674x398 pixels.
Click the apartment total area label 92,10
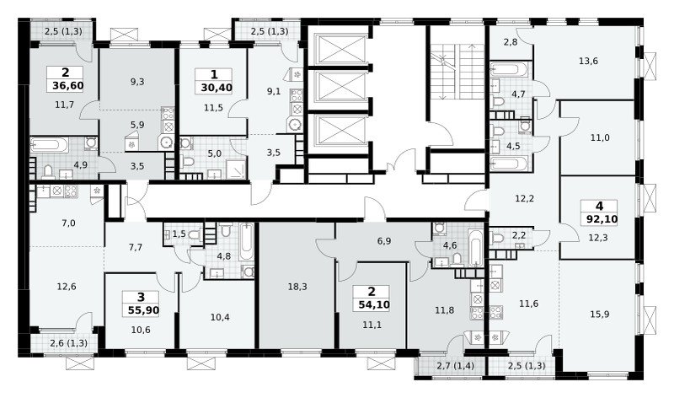coord(602,219)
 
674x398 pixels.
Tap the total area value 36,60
coord(68,86)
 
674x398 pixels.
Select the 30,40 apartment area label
coord(217,89)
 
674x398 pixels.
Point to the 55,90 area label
coord(143,309)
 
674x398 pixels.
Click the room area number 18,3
coord(297,287)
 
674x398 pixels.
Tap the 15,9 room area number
coord(600,314)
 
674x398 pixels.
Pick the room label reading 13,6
coord(588,61)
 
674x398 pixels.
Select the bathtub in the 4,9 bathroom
coord(49,145)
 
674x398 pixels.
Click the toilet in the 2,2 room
coord(498,238)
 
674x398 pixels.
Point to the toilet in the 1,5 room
coord(194,235)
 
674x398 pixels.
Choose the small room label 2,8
coord(511,42)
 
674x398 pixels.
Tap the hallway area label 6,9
coord(384,241)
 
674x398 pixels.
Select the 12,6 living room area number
coord(67,287)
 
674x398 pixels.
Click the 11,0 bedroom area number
coord(600,138)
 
